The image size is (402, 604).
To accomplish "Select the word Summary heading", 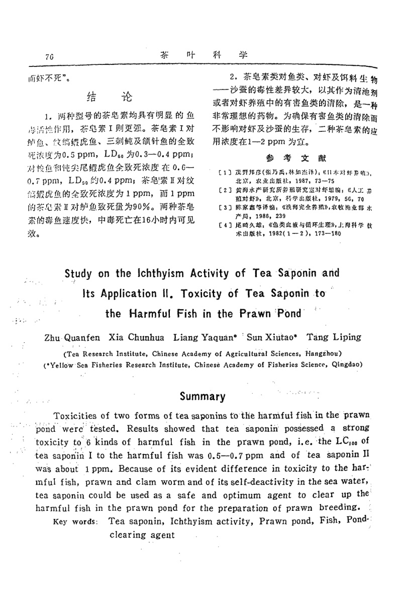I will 203,396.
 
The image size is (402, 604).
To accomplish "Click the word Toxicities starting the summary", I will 77,416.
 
